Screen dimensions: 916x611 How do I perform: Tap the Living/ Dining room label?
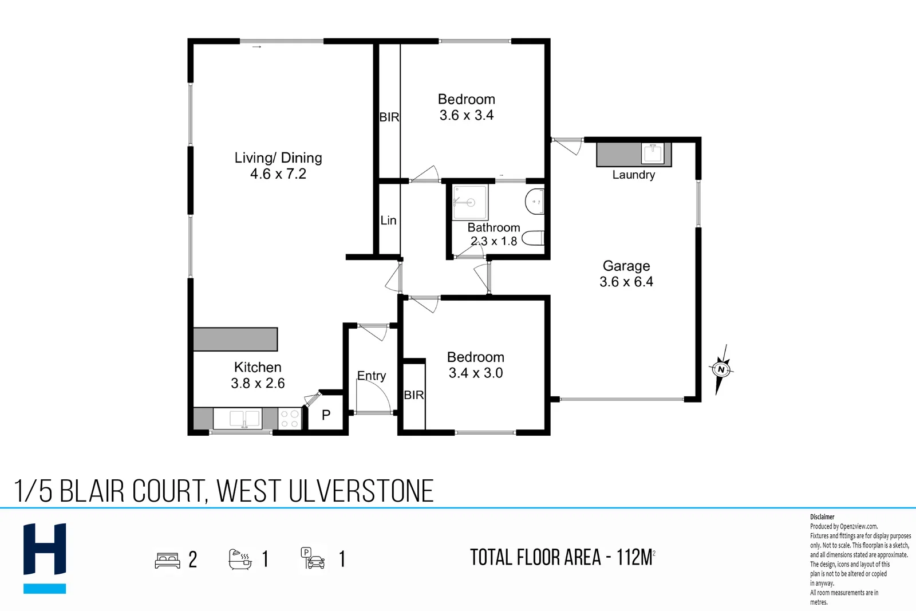point(278,165)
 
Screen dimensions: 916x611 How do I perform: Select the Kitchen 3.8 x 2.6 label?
point(258,375)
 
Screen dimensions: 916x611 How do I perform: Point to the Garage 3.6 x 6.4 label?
point(626,274)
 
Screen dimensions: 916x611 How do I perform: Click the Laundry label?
point(633,175)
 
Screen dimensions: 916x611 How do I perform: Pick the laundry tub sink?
point(653,154)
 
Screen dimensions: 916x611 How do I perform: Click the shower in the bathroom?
point(470,202)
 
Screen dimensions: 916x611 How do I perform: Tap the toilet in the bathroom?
point(533,238)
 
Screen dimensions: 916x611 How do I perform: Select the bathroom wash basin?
point(535,201)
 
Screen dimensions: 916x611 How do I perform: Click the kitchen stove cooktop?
point(290,419)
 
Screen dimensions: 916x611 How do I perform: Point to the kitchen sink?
point(244,419)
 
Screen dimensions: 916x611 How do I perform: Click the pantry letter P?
point(326,415)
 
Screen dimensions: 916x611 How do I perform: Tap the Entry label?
point(372,376)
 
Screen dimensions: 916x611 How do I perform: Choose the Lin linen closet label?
point(389,220)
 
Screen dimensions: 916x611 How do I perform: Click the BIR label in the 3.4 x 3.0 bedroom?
point(414,395)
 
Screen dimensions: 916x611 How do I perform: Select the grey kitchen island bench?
point(235,339)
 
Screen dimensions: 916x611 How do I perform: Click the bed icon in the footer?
point(168,560)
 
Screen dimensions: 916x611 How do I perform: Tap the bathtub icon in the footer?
point(240,559)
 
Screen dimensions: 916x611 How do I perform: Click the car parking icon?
point(313,559)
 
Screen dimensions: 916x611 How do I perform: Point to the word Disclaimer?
point(822,517)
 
